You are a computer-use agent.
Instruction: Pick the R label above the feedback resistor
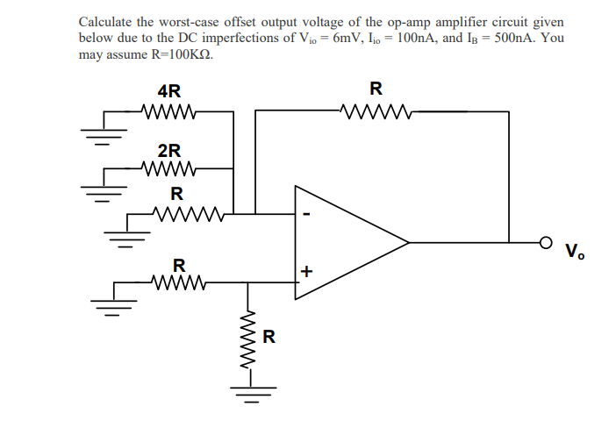pos(376,89)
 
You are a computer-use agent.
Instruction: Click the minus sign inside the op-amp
pos(306,213)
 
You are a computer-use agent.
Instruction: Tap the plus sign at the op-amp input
pos(305,272)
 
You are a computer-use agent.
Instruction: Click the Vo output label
pos(575,253)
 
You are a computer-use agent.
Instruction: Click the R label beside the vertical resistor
pos(269,335)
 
